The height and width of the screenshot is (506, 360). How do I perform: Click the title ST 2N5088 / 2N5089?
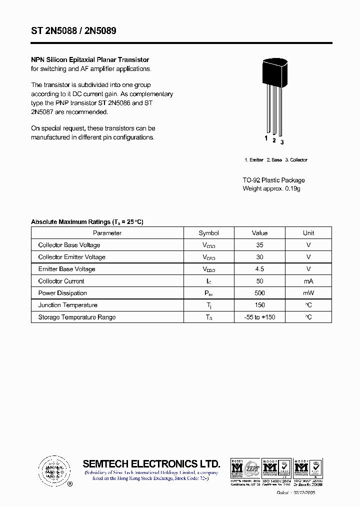[x=73, y=31]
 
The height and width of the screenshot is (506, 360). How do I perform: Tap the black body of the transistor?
[x=274, y=72]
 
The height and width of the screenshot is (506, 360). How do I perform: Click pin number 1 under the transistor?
[x=266, y=138]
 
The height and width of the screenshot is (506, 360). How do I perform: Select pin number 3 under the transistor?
[x=282, y=142]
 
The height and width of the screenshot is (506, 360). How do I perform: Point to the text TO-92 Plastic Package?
[x=273, y=180]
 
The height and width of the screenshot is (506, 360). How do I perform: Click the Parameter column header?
[x=107, y=233]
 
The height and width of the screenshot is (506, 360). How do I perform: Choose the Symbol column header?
[x=208, y=233]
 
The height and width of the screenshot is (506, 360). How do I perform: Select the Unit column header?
[x=308, y=233]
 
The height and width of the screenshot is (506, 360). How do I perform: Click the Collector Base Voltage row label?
[x=69, y=245]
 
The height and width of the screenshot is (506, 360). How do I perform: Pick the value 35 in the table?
[x=259, y=245]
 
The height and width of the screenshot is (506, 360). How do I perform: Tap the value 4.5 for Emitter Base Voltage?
[x=259, y=269]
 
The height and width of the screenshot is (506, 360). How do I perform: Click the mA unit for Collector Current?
[x=308, y=281]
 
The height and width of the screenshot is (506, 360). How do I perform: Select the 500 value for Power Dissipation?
[x=259, y=293]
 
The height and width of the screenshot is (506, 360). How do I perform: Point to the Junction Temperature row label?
[x=67, y=305]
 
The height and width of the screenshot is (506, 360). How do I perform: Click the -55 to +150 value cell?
[x=259, y=317]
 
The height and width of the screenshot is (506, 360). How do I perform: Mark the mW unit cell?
[x=308, y=293]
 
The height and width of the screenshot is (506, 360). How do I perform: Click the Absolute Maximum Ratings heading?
[x=87, y=222]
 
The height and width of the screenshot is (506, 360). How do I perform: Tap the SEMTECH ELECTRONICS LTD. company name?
[x=151, y=463]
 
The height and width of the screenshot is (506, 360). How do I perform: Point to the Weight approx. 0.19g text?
[x=271, y=188]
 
